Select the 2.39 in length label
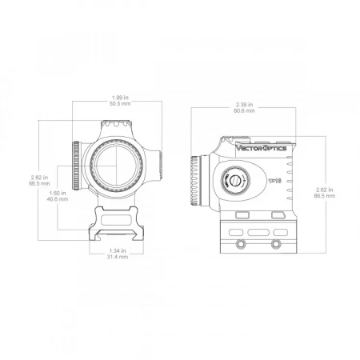coord(244,105)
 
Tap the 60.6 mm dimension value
coord(244,111)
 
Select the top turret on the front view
coord(117,126)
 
